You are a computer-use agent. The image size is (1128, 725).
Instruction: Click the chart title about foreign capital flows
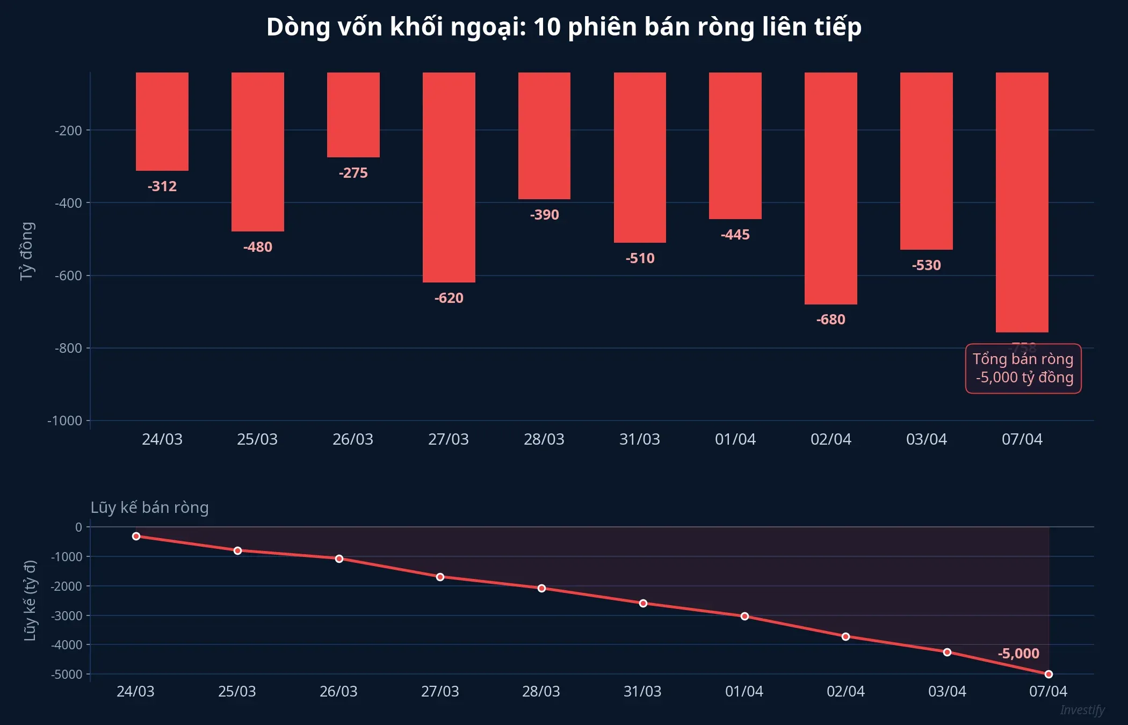[564, 27]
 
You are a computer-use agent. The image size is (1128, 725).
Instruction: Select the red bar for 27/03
[449, 177]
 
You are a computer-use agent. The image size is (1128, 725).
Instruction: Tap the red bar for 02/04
[830, 188]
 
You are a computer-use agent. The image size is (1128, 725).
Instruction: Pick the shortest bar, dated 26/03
[353, 115]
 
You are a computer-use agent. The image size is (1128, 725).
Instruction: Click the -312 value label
[162, 186]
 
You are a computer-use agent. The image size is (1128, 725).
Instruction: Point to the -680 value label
[830, 320]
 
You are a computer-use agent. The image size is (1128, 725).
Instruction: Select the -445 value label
[735, 235]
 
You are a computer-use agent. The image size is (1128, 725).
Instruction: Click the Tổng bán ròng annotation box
[1023, 368]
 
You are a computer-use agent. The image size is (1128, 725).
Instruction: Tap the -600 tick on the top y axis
[68, 275]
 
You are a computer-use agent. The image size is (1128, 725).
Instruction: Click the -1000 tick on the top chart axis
[65, 421]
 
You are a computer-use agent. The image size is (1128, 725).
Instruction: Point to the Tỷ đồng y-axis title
[27, 251]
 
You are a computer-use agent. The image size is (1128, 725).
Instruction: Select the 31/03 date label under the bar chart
[639, 439]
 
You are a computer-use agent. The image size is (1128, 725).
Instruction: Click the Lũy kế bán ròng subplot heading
[149, 508]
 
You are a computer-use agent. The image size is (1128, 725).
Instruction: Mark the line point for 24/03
[136, 536]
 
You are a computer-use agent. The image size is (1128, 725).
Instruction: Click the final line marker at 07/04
[1049, 674]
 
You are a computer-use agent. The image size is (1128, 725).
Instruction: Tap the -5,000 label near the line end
[1018, 654]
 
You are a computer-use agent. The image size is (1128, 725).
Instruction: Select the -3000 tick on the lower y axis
[67, 615]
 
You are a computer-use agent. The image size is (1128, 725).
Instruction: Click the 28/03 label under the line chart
[541, 691]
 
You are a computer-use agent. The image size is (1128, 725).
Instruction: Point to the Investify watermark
[1082, 710]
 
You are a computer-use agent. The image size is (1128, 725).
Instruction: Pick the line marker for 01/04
[744, 616]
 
